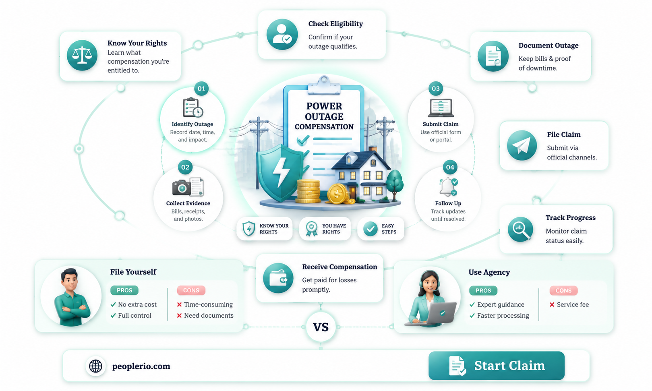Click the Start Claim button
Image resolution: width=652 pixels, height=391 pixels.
point(496,365)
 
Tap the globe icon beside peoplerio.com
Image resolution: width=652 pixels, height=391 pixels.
point(95,366)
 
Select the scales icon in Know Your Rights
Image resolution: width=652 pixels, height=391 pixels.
point(82,55)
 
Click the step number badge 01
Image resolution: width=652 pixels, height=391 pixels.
point(201,89)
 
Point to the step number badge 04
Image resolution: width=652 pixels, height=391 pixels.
point(450,167)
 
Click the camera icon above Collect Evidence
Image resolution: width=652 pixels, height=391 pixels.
point(182,187)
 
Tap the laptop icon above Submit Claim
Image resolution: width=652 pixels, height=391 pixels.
point(441,108)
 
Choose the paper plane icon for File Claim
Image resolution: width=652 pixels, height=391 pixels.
point(522,145)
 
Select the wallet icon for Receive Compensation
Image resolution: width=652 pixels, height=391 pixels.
point(278,278)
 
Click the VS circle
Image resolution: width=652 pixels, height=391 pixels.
point(321,327)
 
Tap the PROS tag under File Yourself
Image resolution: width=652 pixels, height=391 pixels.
point(124,290)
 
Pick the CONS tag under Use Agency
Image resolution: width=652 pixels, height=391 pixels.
point(563,291)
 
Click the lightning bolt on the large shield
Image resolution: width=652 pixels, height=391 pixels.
point(281,172)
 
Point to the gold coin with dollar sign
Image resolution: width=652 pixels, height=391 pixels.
point(337,194)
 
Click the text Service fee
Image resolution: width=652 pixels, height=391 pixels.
point(573,304)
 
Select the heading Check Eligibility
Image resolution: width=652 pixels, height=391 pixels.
point(335,24)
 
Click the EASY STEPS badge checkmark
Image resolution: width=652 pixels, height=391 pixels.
point(371,229)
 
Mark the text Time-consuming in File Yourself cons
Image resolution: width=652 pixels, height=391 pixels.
point(209,304)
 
